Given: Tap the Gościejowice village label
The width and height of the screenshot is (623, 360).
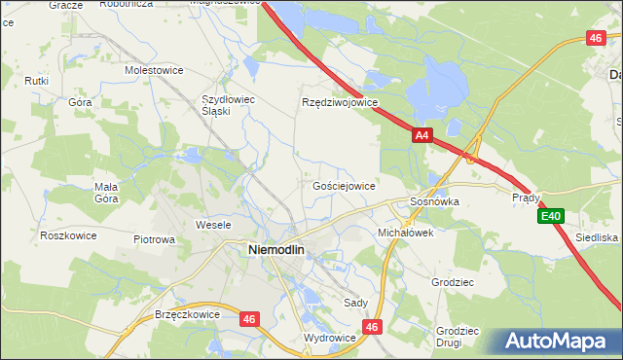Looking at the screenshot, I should point(344,185).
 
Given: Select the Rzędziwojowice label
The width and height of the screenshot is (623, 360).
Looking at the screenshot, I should point(340,101).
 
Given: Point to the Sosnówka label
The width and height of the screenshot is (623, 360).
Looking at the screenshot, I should point(434,201).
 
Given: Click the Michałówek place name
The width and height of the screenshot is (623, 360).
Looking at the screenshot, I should point(405,234).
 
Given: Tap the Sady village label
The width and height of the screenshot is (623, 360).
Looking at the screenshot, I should point(355,303).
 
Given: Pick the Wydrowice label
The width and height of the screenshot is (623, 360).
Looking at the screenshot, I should point(330,337).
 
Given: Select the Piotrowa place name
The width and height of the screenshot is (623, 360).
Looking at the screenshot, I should point(154,238).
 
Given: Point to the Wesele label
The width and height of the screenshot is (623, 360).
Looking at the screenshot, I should point(213,225).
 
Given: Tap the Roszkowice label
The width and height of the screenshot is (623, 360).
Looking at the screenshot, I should point(66,235).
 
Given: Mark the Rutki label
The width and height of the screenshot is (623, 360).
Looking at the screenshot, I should point(37,80).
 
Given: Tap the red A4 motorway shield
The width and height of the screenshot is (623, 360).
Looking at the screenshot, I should point(421,137).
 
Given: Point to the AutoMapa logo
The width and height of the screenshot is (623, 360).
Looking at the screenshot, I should point(557,342).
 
